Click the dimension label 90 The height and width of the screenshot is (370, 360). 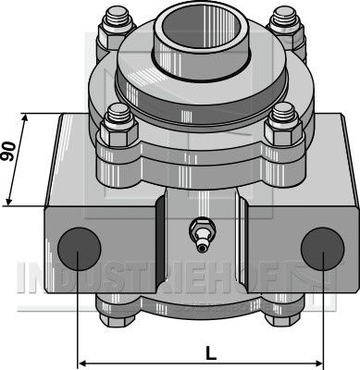(8, 152)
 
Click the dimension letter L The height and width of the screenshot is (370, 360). (211, 353)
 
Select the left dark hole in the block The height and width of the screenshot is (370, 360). (80, 249)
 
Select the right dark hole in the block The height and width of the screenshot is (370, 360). (322, 249)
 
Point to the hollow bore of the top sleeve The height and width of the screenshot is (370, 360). (201, 31)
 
